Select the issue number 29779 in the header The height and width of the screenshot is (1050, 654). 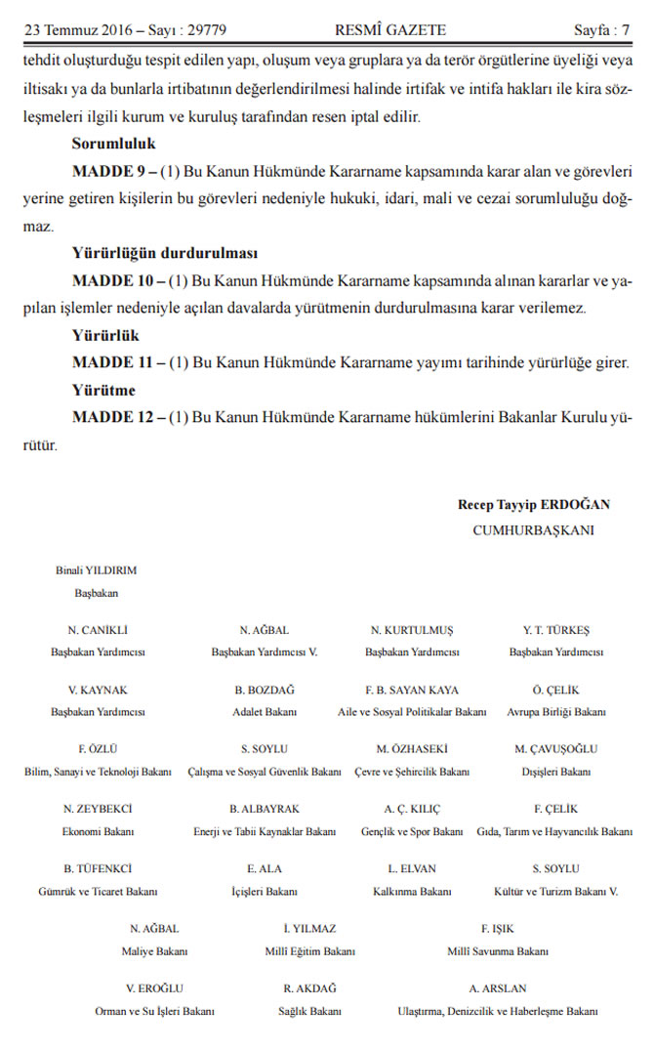pyautogui.click(x=206, y=30)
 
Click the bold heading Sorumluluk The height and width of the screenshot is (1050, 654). pyautogui.click(x=114, y=144)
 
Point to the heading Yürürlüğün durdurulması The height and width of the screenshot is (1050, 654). pyautogui.click(x=165, y=253)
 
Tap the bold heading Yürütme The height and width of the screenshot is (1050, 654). pyautogui.click(x=103, y=390)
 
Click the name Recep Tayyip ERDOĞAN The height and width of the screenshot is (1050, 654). pyautogui.click(x=533, y=505)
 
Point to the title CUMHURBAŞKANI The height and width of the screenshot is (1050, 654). pyautogui.click(x=533, y=530)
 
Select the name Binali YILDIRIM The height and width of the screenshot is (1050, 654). pyautogui.click(x=97, y=568)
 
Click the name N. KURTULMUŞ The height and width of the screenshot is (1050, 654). pyautogui.click(x=412, y=630)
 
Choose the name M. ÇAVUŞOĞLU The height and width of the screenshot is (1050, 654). pyautogui.click(x=556, y=749)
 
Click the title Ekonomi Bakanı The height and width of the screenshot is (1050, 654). pyautogui.click(x=98, y=831)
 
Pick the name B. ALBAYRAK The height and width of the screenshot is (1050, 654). pyautogui.click(x=265, y=809)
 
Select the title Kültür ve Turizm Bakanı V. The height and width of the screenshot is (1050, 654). pyautogui.click(x=556, y=891)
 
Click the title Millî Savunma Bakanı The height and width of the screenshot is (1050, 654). pyautogui.click(x=498, y=950)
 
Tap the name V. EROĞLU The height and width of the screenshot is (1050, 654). pyautogui.click(x=155, y=988)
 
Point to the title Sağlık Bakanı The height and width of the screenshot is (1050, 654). pyautogui.click(x=309, y=1011)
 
